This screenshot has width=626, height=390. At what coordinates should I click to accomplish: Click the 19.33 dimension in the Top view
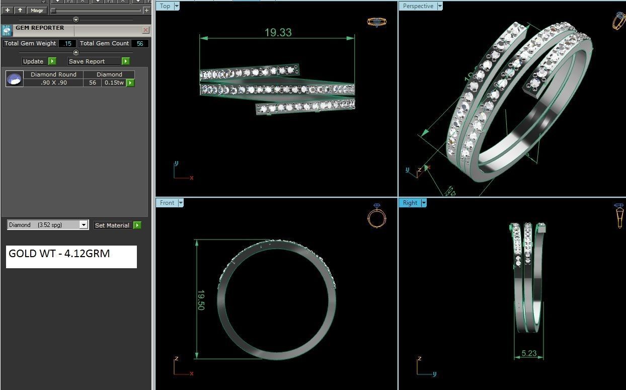tap(278, 33)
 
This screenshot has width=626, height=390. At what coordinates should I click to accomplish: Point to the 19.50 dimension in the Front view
tap(201, 300)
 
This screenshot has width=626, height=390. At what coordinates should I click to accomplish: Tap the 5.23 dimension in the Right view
tap(529, 353)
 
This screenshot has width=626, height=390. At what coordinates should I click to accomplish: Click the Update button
tap(33, 61)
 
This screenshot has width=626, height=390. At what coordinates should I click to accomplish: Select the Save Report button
tap(87, 61)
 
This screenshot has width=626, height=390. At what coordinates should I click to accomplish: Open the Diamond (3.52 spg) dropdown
tap(48, 225)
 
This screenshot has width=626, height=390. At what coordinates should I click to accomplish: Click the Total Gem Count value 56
tap(140, 44)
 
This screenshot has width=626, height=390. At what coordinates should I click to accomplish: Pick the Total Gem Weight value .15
tap(67, 44)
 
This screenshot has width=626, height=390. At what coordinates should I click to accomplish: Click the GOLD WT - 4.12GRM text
tap(59, 254)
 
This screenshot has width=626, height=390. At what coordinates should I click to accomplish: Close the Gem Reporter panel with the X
tap(145, 30)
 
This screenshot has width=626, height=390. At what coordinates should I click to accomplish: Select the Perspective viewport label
tap(418, 6)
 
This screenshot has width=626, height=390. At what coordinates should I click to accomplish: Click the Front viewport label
tap(167, 203)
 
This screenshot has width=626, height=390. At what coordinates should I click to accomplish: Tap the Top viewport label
tap(165, 6)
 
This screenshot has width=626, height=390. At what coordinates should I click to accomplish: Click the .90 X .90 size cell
tap(54, 83)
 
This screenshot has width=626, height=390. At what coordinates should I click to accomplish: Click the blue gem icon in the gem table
tap(15, 79)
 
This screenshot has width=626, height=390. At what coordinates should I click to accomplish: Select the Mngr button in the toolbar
tap(37, 10)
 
